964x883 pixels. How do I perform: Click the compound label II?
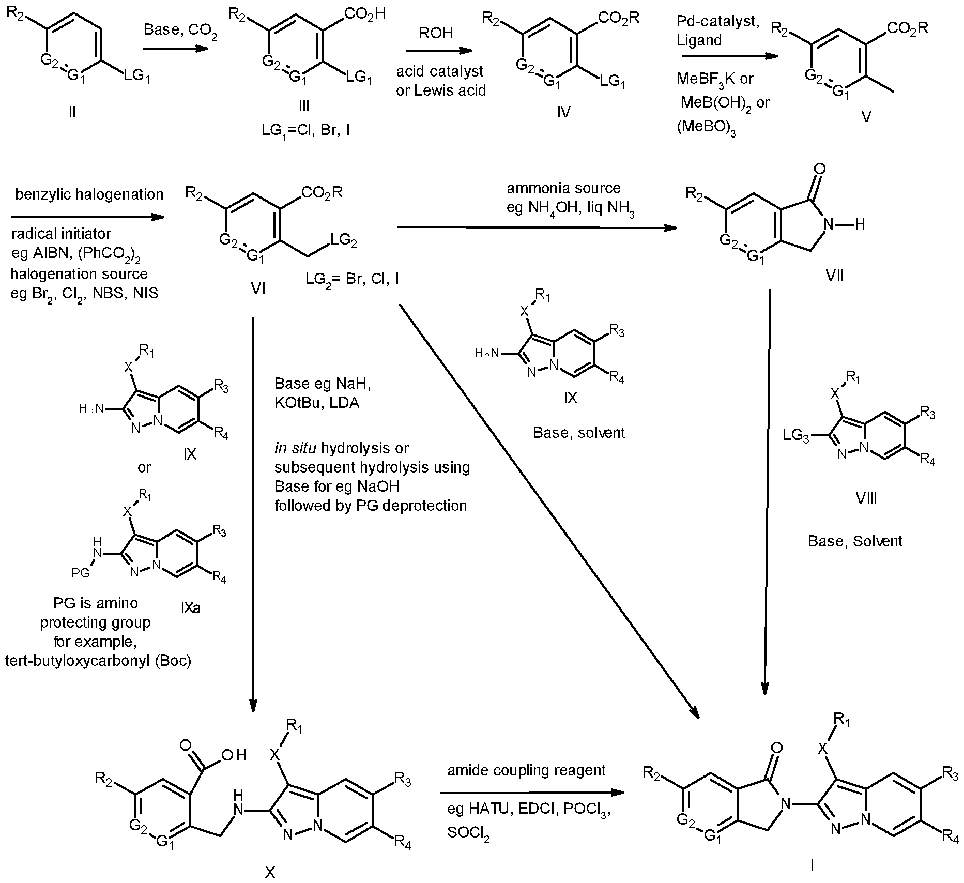[x=72, y=112]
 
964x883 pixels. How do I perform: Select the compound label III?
[x=304, y=106]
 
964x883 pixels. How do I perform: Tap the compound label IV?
[x=563, y=112]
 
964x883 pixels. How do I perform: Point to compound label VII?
[x=835, y=275]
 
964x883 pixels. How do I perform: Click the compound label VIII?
[x=866, y=498]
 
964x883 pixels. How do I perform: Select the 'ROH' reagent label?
[x=436, y=33]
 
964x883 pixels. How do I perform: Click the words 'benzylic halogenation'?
[x=89, y=194]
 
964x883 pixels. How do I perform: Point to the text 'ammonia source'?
[x=563, y=188]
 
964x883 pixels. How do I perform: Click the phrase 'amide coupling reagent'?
[x=526, y=770]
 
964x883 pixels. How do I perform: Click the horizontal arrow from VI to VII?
[x=537, y=227]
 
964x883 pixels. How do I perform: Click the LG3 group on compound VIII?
[x=796, y=436]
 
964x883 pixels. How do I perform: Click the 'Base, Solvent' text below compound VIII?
[x=855, y=541]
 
